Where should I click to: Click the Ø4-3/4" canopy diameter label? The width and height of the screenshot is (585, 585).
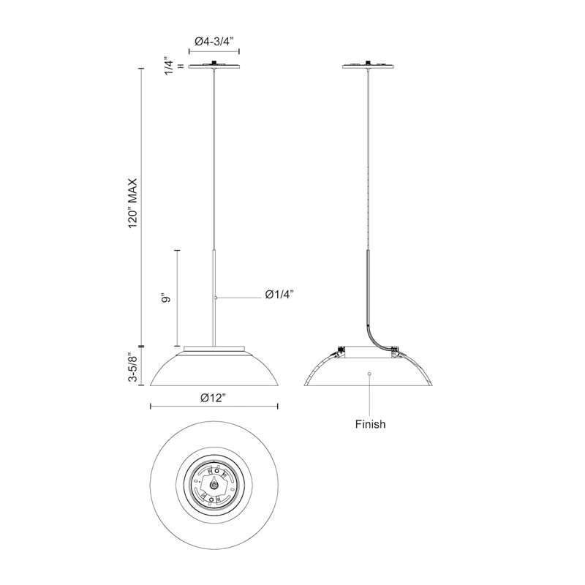point(214,41)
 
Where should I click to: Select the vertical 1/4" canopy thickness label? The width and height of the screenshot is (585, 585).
point(170,67)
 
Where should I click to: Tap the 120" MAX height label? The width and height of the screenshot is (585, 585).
point(133,204)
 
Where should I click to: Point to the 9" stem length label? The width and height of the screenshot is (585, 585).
point(167,298)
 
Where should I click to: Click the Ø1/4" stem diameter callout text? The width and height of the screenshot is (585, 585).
point(280,295)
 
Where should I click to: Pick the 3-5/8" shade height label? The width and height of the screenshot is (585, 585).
point(133,367)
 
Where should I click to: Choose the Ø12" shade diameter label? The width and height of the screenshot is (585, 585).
point(214,398)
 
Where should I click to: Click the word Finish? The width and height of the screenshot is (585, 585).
point(370,424)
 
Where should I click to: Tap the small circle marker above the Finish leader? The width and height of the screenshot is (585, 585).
point(369,373)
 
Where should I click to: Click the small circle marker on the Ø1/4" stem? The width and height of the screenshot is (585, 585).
point(215,298)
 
